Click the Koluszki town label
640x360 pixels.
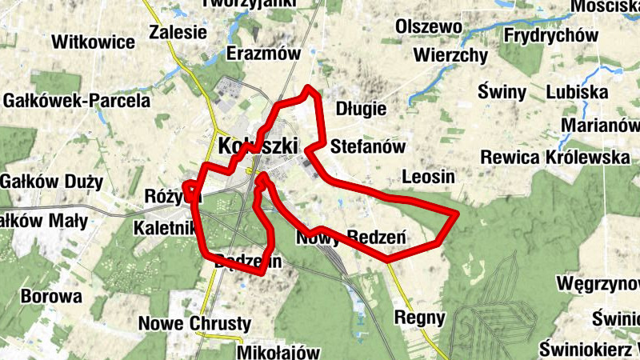tap(257, 146)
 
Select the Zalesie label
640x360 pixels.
tap(178, 34)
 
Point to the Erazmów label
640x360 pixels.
tap(263, 54)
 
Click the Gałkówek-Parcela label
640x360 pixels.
tap(76, 102)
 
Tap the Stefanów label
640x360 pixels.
tap(368, 147)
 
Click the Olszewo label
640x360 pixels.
tap(430, 28)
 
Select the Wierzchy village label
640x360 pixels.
tap(451, 55)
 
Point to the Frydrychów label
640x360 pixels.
tap(551, 36)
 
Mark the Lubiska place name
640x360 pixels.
tap(577, 93)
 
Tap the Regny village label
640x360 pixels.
tap(420, 318)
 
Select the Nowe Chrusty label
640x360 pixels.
tap(195, 324)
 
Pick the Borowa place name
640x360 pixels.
tap(52, 297)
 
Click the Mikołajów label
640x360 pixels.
tap(278, 352)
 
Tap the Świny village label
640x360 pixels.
tap(502, 92)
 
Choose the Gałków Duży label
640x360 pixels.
tap(51, 182)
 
